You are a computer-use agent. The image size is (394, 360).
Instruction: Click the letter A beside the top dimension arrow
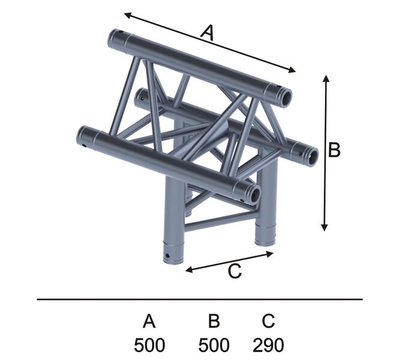pos(208,33)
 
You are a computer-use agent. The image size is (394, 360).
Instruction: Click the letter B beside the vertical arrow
pos(335,150)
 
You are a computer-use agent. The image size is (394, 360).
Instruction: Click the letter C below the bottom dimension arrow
pos(235,271)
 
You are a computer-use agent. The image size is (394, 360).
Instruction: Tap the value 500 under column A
pos(150,345)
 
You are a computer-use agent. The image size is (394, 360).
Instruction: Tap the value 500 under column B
pos(214,345)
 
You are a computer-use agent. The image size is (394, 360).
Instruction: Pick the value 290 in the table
pos(268,345)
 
